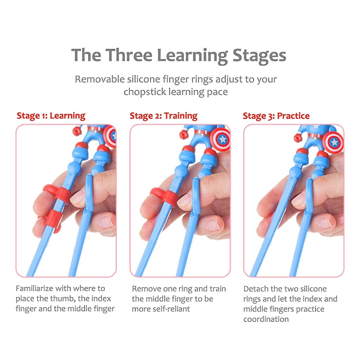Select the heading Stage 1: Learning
click(51, 116)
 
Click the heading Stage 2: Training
click(163, 116)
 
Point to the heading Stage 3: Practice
click(276, 116)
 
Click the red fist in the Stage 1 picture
click(77, 131)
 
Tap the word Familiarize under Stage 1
click(35, 288)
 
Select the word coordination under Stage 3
click(266, 319)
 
